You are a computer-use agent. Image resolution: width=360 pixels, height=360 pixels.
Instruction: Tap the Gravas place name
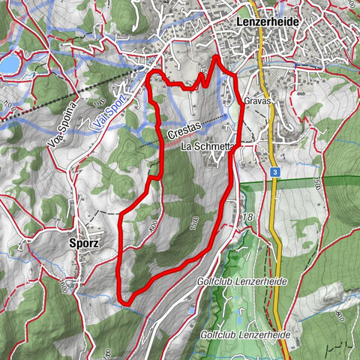tap(256, 100)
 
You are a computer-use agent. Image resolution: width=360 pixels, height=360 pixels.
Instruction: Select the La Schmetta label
tap(208, 147)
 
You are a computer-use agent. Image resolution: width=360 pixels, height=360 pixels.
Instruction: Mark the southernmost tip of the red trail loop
tap(125, 302)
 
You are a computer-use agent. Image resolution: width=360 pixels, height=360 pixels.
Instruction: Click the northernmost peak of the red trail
tap(217, 56)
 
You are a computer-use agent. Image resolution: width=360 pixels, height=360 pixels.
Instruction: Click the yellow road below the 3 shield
tap(277, 225)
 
